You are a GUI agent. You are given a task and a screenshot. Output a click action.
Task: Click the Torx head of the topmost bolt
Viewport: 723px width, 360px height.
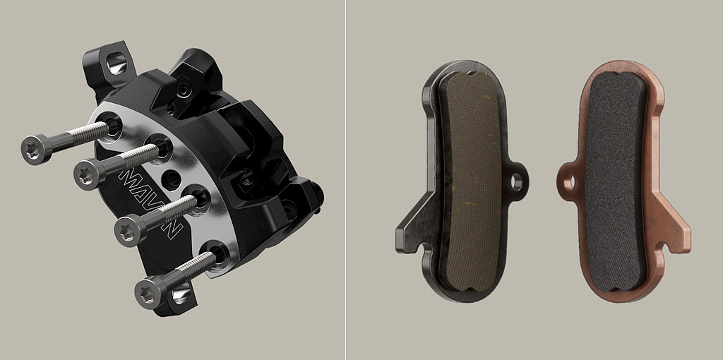[x=34, y=150]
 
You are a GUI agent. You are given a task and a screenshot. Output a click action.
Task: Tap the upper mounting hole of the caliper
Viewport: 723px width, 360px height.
[x=116, y=63]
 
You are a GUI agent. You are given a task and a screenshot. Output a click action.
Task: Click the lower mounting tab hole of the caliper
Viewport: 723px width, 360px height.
[x=181, y=293]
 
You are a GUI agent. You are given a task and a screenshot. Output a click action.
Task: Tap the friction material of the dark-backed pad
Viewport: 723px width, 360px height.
[x=470, y=183]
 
